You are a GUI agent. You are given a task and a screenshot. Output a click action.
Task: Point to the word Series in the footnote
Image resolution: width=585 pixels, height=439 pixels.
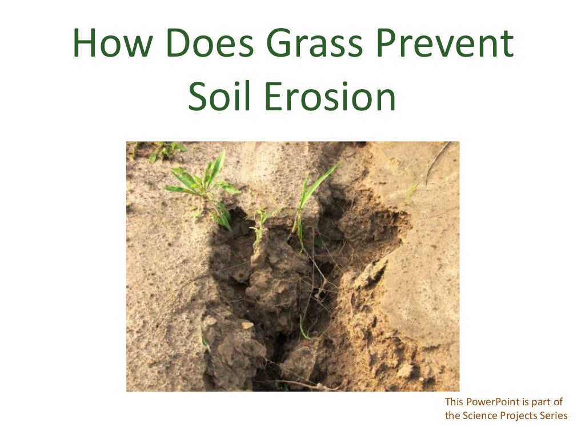coord(554,416)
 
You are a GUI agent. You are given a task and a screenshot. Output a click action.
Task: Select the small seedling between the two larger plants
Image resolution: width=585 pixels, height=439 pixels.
coord(259,220)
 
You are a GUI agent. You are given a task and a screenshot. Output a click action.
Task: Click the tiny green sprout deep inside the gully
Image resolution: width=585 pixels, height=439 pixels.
coord(304,329)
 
